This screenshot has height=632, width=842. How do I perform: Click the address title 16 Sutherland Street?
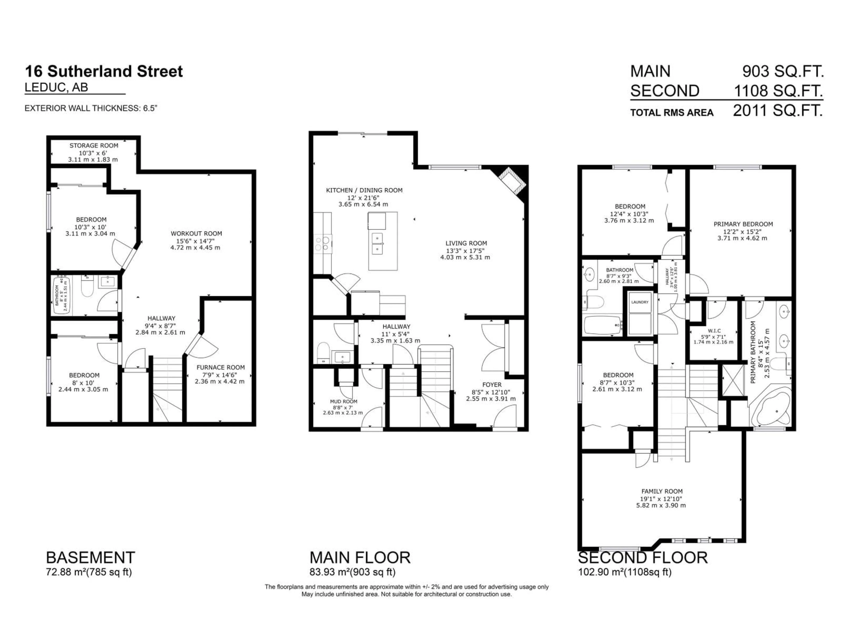(x=103, y=72)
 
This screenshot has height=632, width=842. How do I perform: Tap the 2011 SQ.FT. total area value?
(x=778, y=111)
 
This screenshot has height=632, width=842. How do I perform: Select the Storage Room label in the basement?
(x=94, y=145)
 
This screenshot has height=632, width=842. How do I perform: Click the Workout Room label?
(x=196, y=233)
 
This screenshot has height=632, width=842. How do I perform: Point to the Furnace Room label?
(x=220, y=367)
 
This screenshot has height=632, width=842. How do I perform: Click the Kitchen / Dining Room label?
(x=364, y=190)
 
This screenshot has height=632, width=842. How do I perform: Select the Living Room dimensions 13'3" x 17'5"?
(x=465, y=251)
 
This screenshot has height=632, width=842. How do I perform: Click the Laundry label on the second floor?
(x=639, y=302)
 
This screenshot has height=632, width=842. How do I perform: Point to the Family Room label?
(x=662, y=491)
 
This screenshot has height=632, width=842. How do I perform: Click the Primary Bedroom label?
(x=743, y=224)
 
